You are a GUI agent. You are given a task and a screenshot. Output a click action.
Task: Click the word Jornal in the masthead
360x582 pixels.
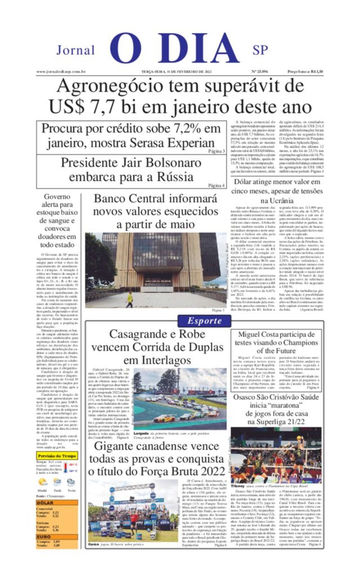click(x=76, y=50)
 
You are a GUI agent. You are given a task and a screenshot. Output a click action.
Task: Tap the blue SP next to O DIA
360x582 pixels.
click(x=260, y=50)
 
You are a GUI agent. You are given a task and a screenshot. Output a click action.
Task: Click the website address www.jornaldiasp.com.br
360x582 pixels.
click(x=61, y=72)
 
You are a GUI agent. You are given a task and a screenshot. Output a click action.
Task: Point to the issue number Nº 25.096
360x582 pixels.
click(x=259, y=72)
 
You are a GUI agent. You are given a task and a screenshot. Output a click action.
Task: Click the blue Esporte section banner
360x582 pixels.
click(x=205, y=321)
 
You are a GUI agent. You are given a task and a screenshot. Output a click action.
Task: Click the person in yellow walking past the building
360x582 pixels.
click(x=130, y=299)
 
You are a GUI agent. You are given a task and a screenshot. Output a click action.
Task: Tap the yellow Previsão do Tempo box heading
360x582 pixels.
click(x=57, y=456)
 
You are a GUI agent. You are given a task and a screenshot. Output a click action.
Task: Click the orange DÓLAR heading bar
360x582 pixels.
click(x=57, y=503)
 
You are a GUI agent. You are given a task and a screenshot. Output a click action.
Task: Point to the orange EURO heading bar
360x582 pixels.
click(x=57, y=537)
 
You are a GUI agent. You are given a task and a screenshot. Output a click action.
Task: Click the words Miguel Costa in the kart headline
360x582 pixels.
click(x=256, y=335)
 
